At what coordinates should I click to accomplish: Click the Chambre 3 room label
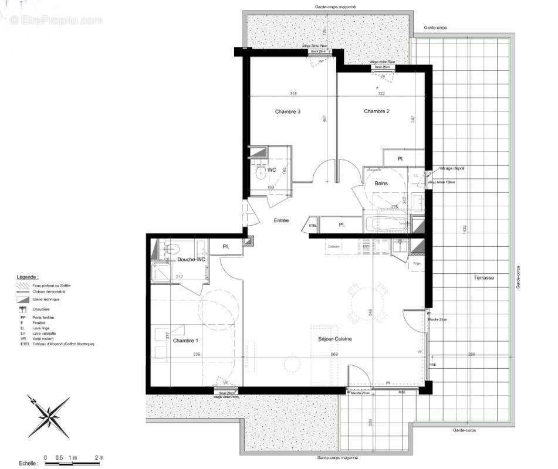pos(288,111)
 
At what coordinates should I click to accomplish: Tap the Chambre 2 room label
pos(376,111)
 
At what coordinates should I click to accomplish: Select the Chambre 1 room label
pos(185,341)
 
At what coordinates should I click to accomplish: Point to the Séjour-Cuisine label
pos(335,339)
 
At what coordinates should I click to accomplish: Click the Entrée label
pos(281,220)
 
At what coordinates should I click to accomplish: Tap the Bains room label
pos(381,183)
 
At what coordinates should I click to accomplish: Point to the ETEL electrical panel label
pos(313,225)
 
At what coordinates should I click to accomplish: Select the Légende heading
pos(28,276)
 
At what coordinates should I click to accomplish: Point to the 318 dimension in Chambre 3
pos(293,94)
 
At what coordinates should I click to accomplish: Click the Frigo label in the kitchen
pos(417,264)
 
